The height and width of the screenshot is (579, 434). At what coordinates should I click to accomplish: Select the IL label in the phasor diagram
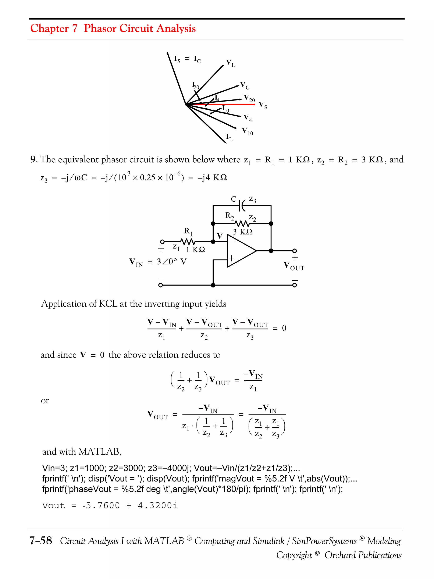(229, 137)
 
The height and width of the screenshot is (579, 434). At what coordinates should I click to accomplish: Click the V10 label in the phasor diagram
(247, 131)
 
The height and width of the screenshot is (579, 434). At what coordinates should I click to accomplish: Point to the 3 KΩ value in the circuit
(242, 232)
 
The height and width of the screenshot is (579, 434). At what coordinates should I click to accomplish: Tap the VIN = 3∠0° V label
(158, 262)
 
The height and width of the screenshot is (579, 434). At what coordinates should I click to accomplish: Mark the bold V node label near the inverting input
(220, 236)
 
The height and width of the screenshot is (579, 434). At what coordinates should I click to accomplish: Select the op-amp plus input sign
(231, 259)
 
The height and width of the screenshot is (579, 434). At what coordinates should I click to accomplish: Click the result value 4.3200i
(157, 505)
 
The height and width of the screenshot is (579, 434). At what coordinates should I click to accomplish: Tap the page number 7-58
(41, 541)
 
